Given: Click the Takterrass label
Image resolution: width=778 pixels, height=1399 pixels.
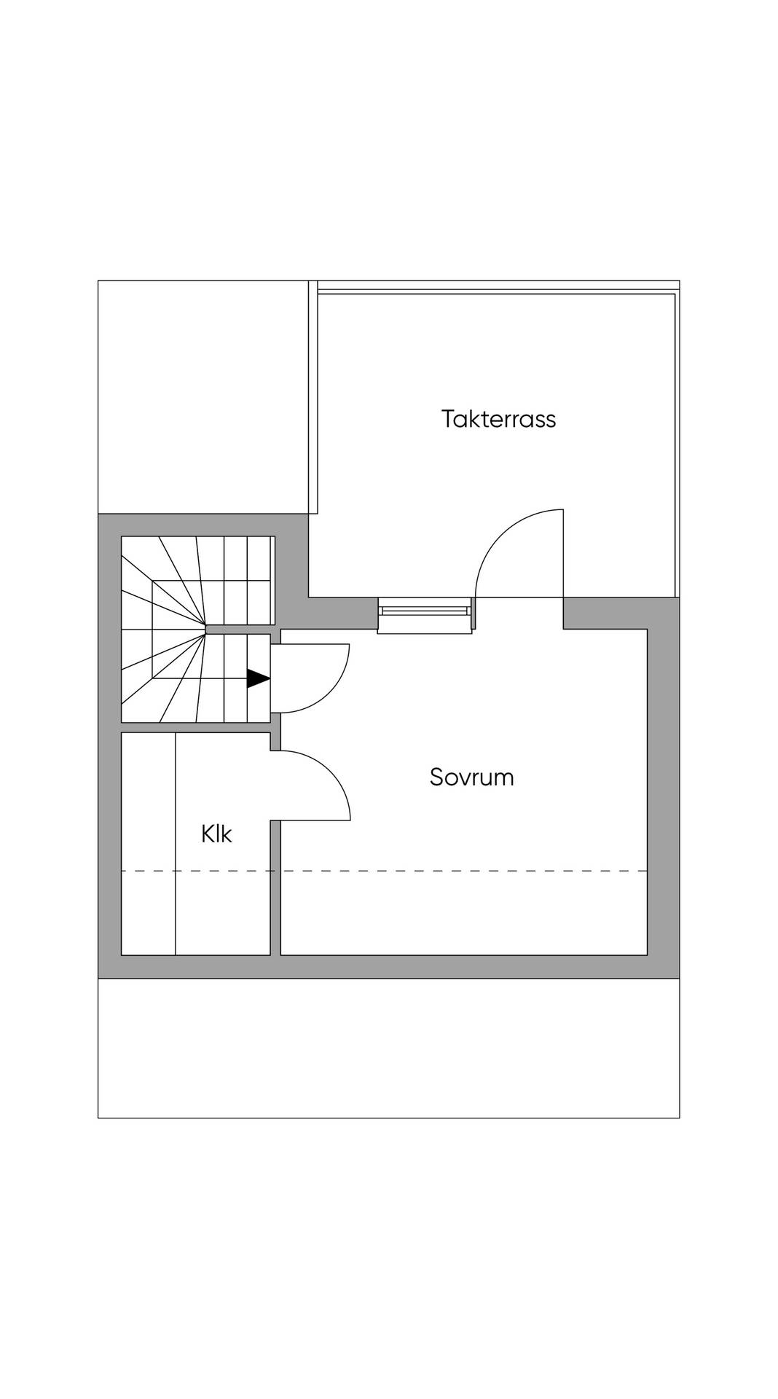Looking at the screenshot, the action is pyautogui.click(x=498, y=419).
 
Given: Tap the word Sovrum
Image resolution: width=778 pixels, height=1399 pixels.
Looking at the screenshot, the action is pyautogui.click(x=472, y=777).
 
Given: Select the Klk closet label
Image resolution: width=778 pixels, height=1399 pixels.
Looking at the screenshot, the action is pyautogui.click(x=216, y=834).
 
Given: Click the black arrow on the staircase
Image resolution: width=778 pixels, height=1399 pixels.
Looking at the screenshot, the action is pyautogui.click(x=259, y=678).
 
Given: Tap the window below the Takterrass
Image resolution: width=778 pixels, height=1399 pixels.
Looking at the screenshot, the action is pyautogui.click(x=425, y=615).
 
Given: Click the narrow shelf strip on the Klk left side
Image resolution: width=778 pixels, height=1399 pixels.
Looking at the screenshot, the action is pyautogui.click(x=149, y=843).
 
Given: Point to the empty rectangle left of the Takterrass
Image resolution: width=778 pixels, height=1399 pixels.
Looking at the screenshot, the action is pyautogui.click(x=203, y=397).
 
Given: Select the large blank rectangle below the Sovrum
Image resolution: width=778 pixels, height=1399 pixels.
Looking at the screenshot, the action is pyautogui.click(x=389, y=1048).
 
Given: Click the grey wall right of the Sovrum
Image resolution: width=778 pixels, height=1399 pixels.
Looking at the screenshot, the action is pyautogui.click(x=664, y=787).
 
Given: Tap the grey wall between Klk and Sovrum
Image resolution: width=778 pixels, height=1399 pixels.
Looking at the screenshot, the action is pyautogui.click(x=275, y=887).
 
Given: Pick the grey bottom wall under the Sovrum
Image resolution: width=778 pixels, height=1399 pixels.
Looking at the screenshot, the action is pyautogui.click(x=389, y=966).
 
